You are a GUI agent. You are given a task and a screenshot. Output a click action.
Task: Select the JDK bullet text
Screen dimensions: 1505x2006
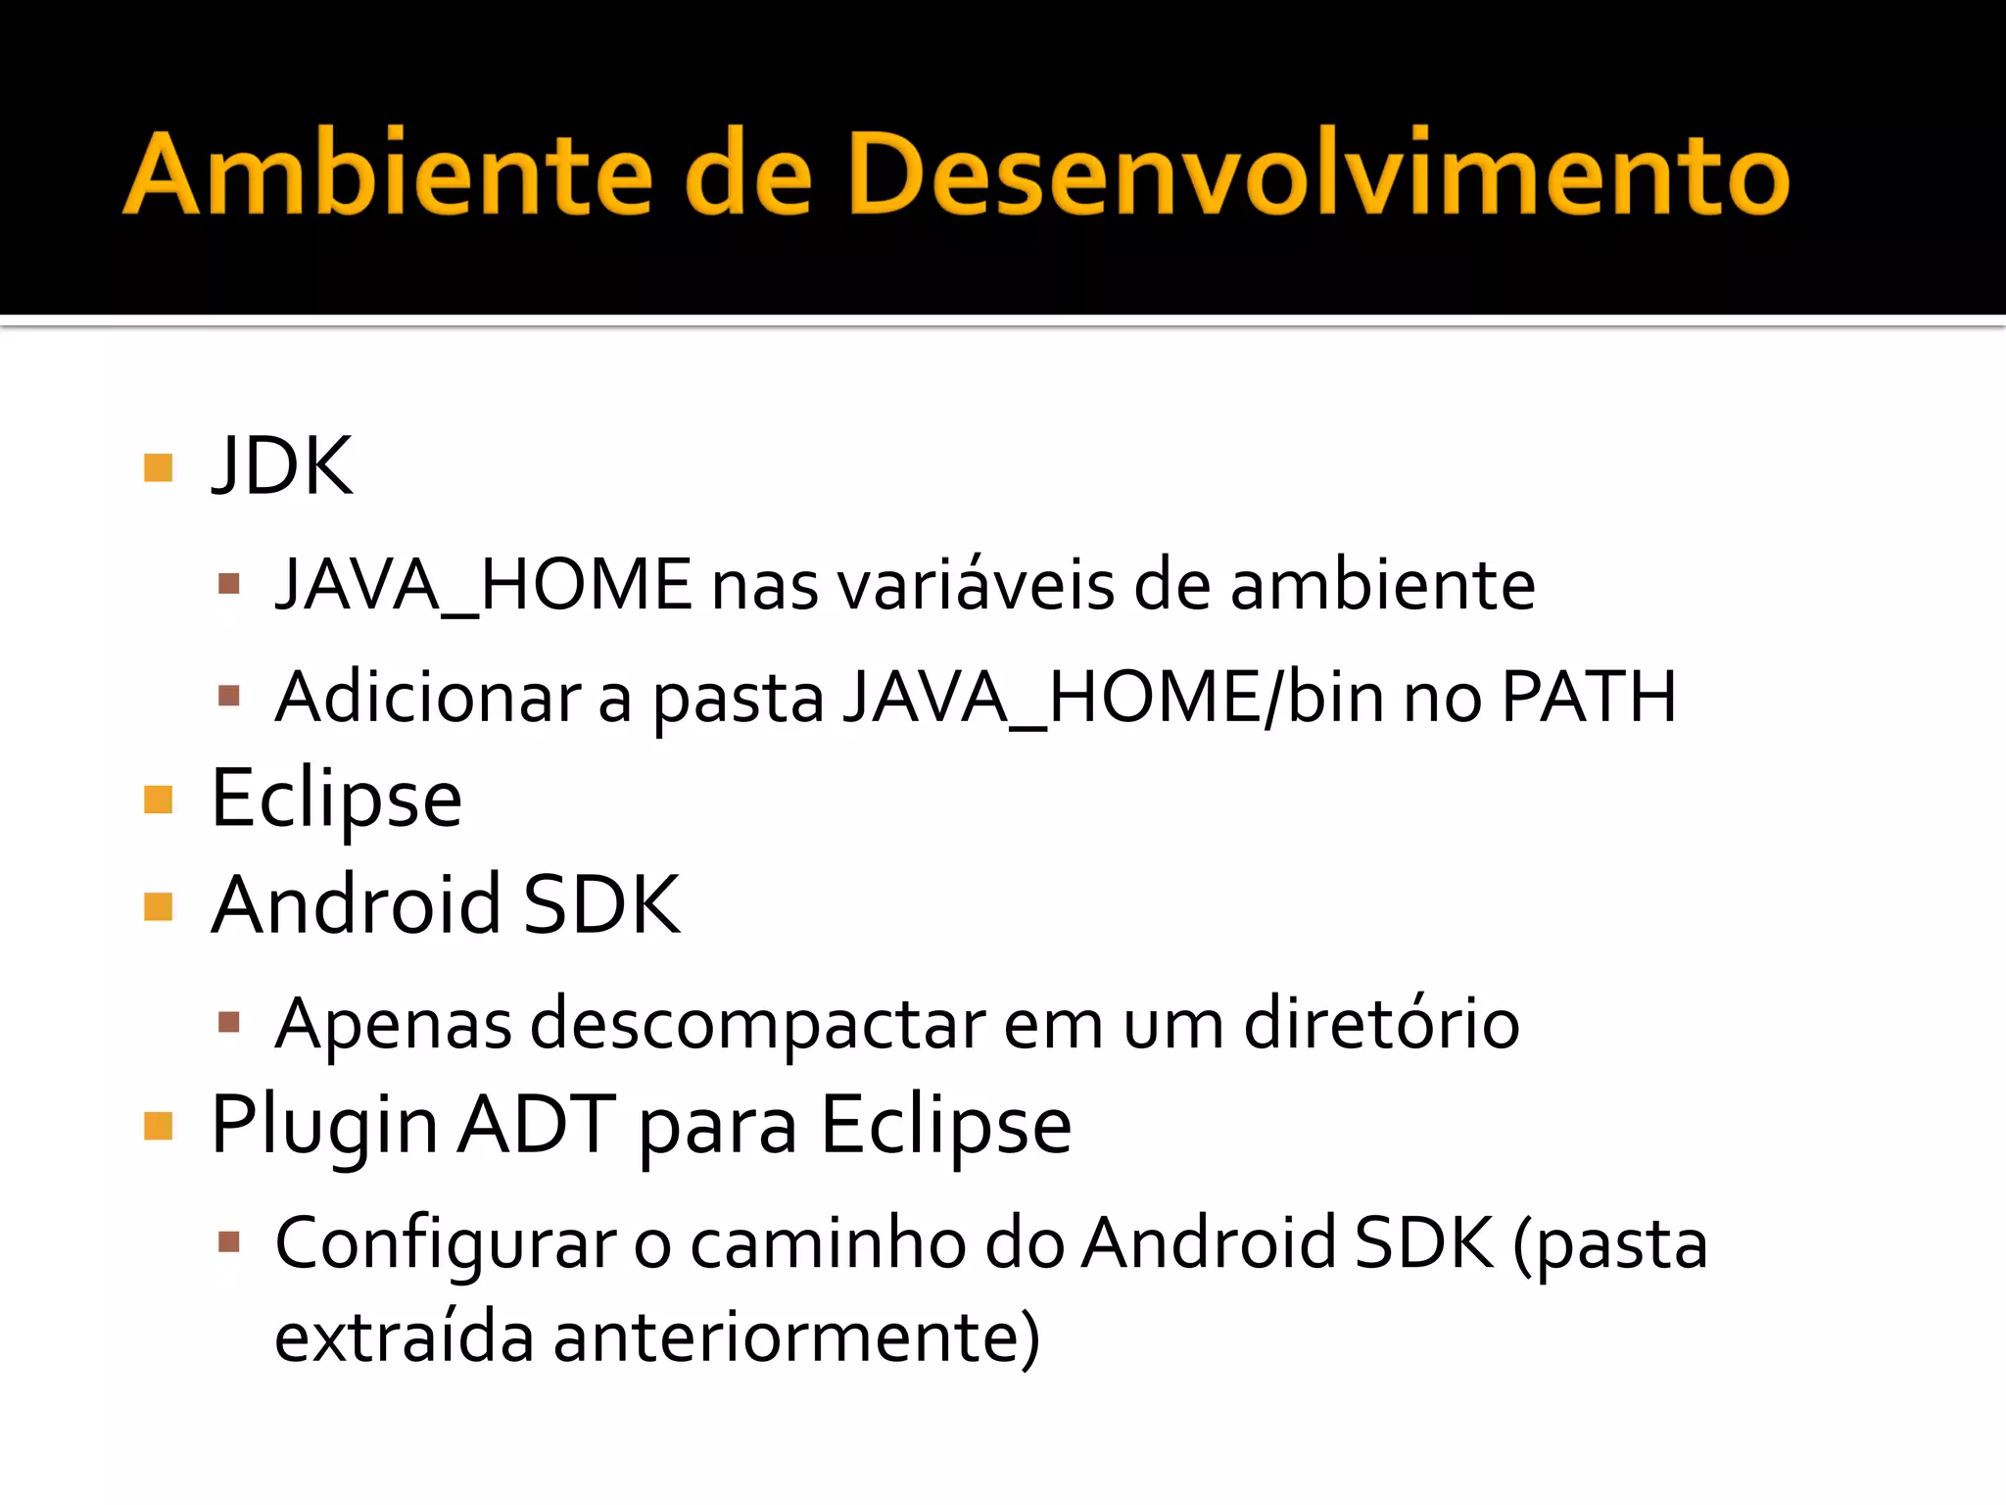pyautogui.click(x=282, y=466)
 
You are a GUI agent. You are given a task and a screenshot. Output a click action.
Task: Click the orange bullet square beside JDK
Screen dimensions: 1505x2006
pyautogui.click(x=158, y=467)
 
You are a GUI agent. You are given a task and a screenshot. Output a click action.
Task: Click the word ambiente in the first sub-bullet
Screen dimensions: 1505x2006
pyautogui.click(x=1382, y=585)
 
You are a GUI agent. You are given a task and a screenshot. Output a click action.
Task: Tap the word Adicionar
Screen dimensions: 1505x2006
pyautogui.click(x=428, y=698)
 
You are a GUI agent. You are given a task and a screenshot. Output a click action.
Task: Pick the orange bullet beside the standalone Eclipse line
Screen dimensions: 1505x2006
pyautogui.click(x=158, y=800)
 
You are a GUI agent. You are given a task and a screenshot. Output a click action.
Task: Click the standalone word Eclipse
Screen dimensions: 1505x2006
pyautogui.click(x=336, y=800)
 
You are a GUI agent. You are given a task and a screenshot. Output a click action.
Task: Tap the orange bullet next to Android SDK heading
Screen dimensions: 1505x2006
pyautogui.click(x=158, y=906)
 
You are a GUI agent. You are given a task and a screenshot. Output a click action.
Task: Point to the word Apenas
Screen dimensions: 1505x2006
pyautogui.click(x=393, y=1024)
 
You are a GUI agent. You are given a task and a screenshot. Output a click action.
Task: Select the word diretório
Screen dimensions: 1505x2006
pyautogui.click(x=1381, y=1024)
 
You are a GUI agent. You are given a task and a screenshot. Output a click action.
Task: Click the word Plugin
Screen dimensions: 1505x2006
pyautogui.click(x=324, y=1126)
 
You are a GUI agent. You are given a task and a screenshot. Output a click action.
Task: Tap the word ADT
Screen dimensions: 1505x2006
pyautogui.click(x=538, y=1126)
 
